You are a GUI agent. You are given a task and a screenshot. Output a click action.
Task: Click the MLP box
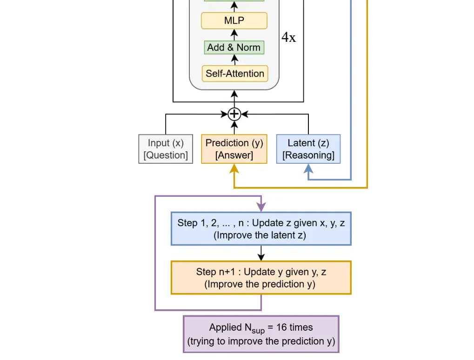tap(234, 20)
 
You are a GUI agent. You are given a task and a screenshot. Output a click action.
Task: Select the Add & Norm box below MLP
tap(234, 47)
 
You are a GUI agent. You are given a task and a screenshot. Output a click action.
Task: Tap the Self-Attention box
tap(234, 73)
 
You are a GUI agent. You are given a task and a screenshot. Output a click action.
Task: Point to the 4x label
tap(288, 38)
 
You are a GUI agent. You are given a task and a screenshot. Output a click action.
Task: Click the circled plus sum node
tap(234, 114)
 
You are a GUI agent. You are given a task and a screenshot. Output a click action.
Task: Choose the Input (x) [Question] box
tap(166, 149)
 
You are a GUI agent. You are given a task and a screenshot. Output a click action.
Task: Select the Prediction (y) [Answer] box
tap(234, 149)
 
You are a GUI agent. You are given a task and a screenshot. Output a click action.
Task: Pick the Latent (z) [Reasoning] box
tap(308, 149)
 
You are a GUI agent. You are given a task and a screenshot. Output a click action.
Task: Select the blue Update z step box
tap(261, 229)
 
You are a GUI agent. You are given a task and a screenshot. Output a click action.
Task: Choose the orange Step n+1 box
tap(261, 278)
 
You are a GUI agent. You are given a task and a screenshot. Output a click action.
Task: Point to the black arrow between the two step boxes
tap(261, 253)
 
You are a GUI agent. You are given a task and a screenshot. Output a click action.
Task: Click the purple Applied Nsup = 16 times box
tap(261, 334)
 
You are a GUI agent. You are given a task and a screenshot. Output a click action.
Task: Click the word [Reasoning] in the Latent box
tap(308, 155)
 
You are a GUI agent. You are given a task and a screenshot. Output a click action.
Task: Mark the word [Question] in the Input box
tap(166, 155)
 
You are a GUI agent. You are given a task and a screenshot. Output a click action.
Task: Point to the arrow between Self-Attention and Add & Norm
tap(234, 60)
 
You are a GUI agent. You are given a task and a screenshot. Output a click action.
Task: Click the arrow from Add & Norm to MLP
tap(234, 34)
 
